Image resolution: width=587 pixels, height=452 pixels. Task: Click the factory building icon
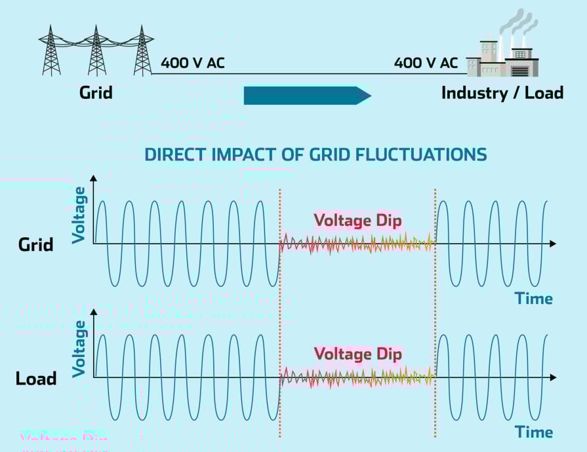[x=502, y=59]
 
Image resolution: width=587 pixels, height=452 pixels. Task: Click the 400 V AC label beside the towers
[x=193, y=64]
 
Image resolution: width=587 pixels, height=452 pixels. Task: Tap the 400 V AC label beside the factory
[x=426, y=64]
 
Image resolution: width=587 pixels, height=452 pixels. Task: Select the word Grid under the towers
[x=96, y=92]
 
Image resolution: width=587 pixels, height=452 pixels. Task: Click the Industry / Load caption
[x=502, y=92]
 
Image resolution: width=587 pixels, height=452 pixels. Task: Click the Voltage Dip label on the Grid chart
[x=357, y=220]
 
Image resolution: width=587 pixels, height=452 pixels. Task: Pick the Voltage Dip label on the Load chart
[x=357, y=354]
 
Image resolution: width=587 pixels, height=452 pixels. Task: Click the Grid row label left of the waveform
[x=36, y=246]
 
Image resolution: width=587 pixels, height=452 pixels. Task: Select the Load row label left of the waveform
[x=36, y=379]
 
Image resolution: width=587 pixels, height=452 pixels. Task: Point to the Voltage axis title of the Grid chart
[x=79, y=215]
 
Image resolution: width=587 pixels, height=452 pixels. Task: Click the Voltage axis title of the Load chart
[x=79, y=348]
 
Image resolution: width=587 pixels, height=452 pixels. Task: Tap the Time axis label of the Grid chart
[x=533, y=299]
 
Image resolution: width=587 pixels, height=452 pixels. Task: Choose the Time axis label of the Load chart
[x=533, y=432]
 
